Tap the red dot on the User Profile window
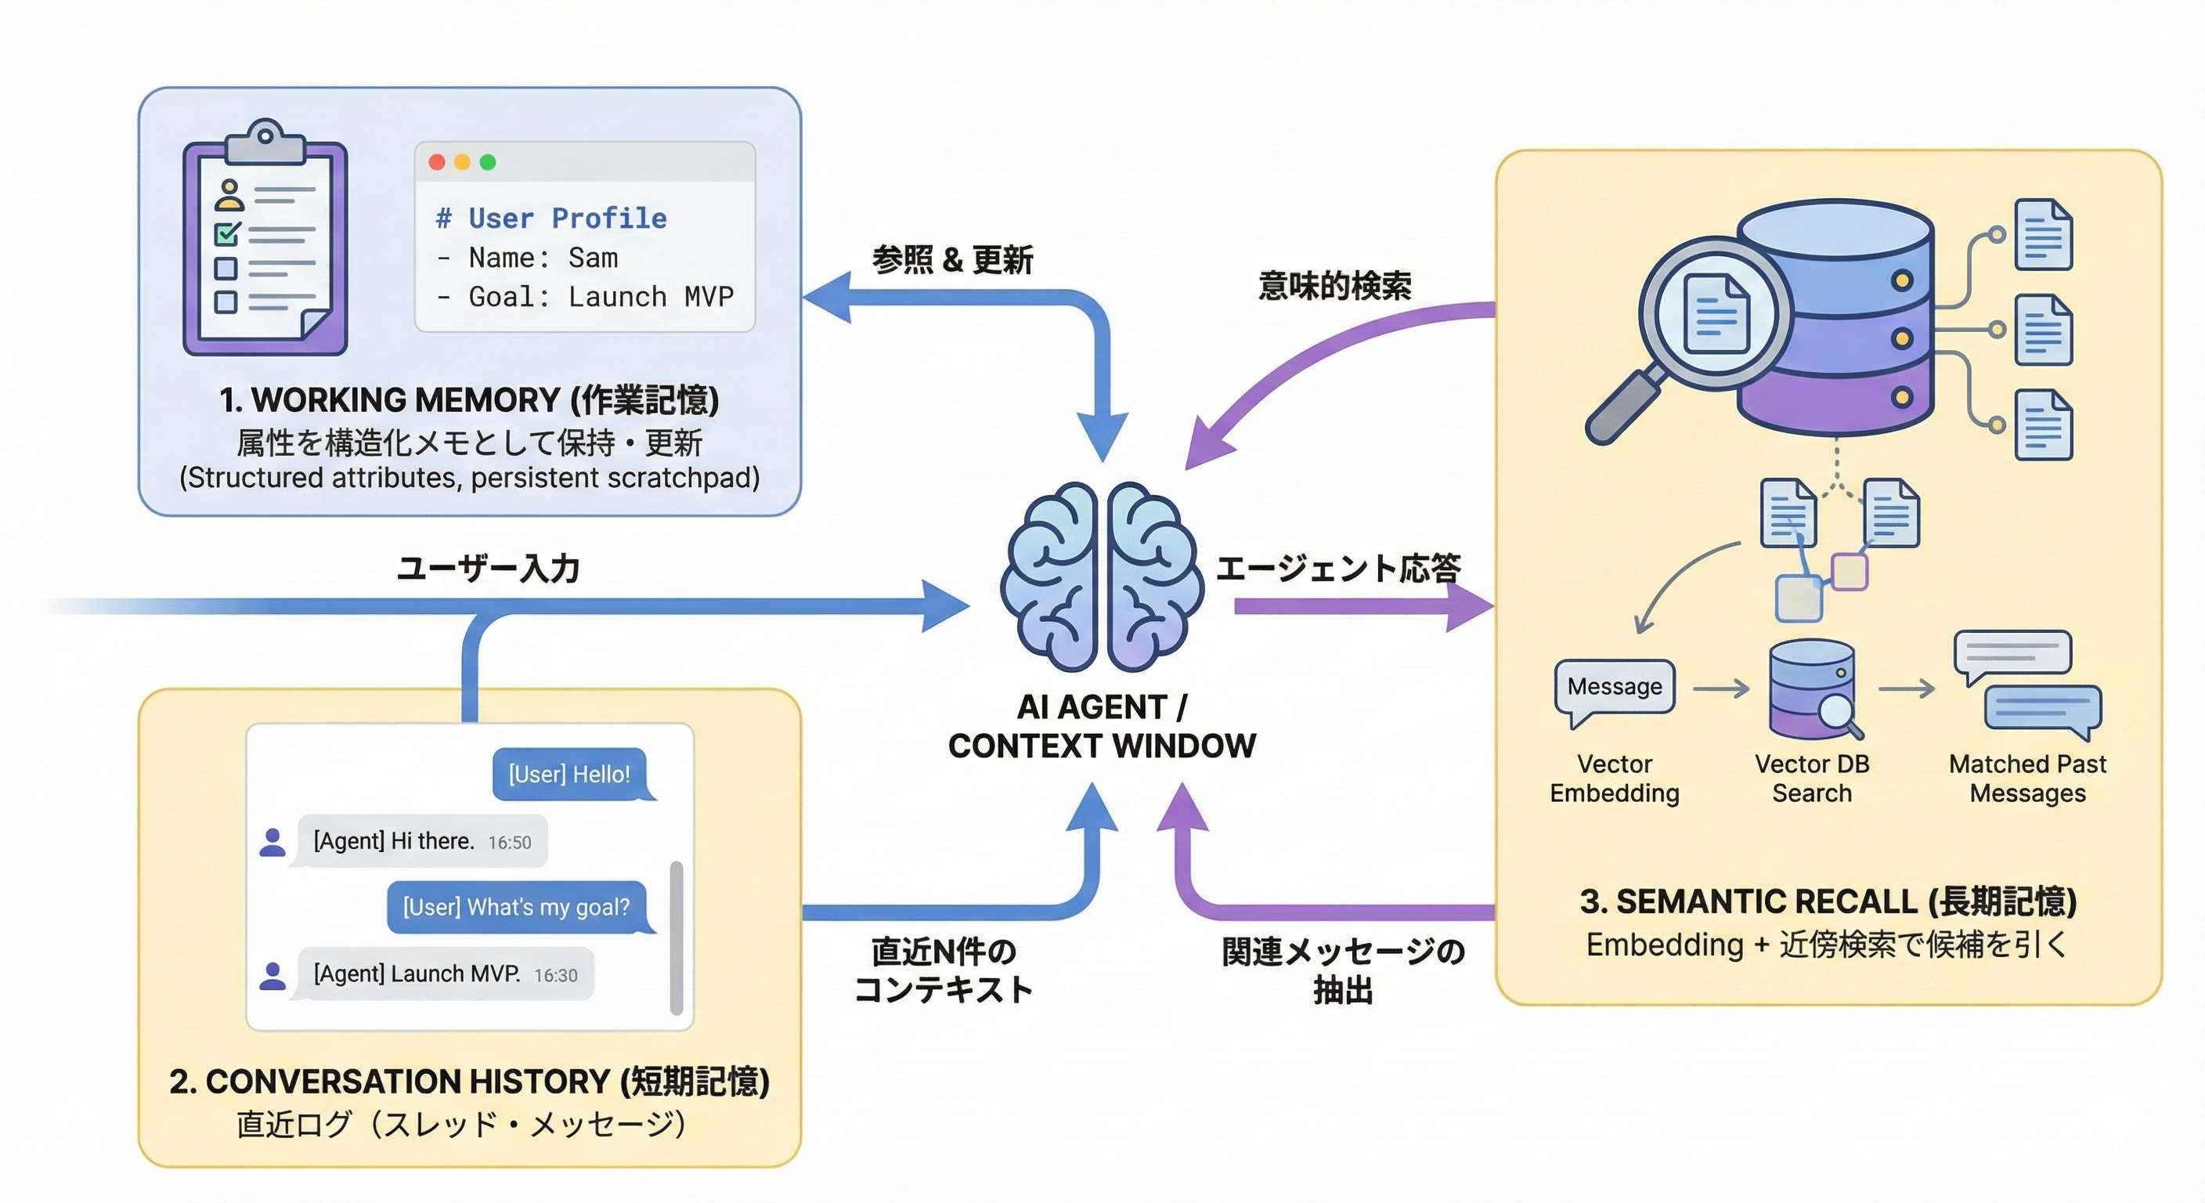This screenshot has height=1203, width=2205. pyautogui.click(x=437, y=162)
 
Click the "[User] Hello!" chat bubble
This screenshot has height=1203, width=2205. pyautogui.click(x=569, y=774)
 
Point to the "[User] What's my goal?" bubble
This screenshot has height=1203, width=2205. pyautogui.click(x=516, y=907)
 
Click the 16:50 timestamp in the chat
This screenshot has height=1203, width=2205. pyautogui.click(x=509, y=843)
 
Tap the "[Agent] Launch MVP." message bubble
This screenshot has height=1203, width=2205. pyautogui.click(x=441, y=974)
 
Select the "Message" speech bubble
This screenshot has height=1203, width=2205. pyautogui.click(x=1615, y=687)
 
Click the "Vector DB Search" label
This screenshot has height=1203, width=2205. pyautogui.click(x=1811, y=779)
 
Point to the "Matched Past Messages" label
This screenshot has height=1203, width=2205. pyautogui.click(x=2027, y=779)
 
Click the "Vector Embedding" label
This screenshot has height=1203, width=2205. pyautogui.click(x=1615, y=779)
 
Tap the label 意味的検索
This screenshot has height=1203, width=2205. pyautogui.click(x=1334, y=286)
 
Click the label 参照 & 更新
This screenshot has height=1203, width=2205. pyautogui.click(x=952, y=259)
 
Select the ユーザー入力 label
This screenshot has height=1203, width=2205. pyautogui.click(x=489, y=569)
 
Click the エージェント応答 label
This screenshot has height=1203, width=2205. pyautogui.click(x=1339, y=569)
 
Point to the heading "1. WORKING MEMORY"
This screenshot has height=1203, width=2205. pyautogui.click(x=469, y=400)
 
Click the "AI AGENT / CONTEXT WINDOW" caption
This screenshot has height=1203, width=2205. pyautogui.click(x=1102, y=726)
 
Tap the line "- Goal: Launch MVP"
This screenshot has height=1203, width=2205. pyautogui.click(x=586, y=297)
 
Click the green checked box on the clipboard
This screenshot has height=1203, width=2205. pyautogui.click(x=227, y=233)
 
